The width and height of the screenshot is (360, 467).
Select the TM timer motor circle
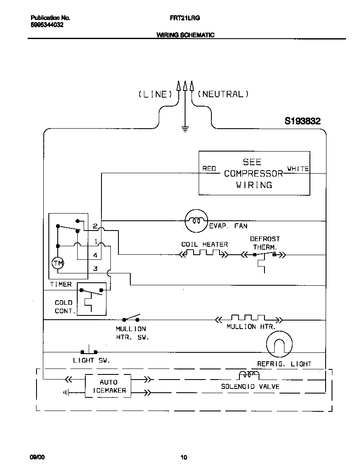(58, 263)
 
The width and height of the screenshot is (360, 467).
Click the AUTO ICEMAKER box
(108, 386)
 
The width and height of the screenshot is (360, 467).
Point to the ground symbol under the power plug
(185, 129)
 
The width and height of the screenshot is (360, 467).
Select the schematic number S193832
(302, 121)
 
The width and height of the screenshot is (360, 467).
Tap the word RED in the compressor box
(209, 169)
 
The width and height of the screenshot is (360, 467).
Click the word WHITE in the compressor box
(298, 169)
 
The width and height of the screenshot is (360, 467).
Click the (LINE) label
(155, 94)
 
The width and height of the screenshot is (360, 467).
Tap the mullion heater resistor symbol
(248, 318)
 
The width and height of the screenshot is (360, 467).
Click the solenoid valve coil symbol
(249, 374)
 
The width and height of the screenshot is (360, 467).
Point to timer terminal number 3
(96, 268)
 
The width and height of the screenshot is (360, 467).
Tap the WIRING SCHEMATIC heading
(186, 35)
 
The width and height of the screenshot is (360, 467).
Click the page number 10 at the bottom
(183, 457)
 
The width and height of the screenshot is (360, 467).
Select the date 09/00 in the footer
(37, 457)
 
